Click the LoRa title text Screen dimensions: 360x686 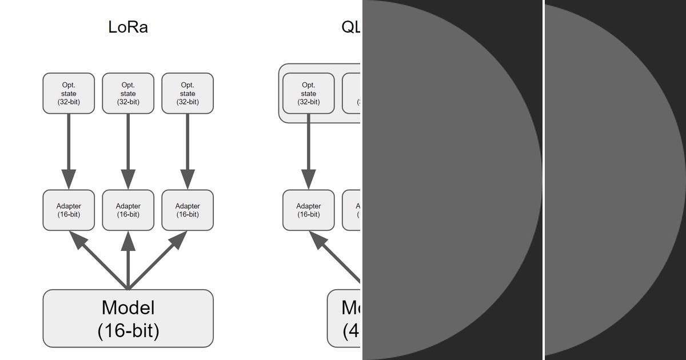(128, 27)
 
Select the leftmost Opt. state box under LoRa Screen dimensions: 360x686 (69, 93)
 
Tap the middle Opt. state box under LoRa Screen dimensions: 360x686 (128, 93)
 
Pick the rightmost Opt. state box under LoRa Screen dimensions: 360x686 (188, 93)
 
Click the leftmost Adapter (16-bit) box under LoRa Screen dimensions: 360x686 (69, 210)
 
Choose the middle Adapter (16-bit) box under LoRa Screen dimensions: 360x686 (128, 210)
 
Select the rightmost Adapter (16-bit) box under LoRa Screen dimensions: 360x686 (188, 210)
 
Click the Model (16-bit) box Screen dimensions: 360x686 (128, 318)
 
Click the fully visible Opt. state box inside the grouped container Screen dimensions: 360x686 (309, 93)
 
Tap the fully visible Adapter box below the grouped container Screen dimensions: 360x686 (309, 210)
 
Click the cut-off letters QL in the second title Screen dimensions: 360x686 (351, 27)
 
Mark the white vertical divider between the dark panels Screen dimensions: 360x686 (544, 180)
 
